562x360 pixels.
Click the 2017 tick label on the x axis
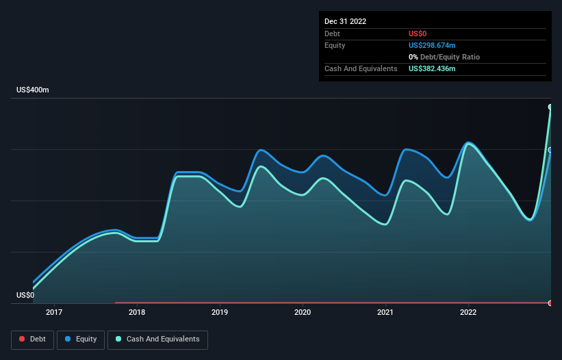pos(54,313)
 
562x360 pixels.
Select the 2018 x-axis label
pos(137,313)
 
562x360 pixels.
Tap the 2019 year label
pos(220,313)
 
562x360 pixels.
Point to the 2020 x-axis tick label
pos(303,313)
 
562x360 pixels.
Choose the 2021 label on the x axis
pos(385,313)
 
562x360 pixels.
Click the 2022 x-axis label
pos(468,313)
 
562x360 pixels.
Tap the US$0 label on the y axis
pos(25,296)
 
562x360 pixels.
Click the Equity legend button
pos(81,339)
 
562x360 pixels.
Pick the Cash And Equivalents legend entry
pos(157,339)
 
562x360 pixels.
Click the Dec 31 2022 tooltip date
pos(346,21)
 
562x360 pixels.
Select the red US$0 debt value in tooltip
pos(418,34)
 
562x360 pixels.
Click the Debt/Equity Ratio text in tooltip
pos(446,57)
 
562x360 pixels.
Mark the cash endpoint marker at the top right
pos(550,107)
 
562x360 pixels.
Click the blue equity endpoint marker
pos(550,150)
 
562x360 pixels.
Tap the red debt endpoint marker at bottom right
pos(550,303)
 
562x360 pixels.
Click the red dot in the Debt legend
pos(22,339)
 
